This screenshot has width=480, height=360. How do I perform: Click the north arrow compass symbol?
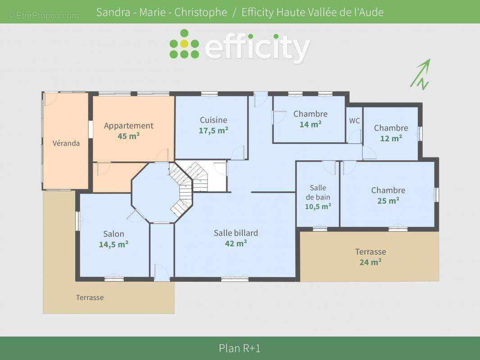(420, 74)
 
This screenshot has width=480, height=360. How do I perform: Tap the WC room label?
(354, 121)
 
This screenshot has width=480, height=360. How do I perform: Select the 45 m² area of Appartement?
(128, 136)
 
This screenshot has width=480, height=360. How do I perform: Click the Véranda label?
(66, 143)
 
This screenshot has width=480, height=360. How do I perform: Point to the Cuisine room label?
(213, 120)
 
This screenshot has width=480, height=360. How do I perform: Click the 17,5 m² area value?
(213, 130)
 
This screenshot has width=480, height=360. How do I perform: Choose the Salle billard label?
(236, 233)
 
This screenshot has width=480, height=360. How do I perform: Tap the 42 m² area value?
(236, 243)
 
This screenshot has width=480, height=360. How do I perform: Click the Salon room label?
(113, 234)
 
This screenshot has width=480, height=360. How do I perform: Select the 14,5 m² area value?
(113, 244)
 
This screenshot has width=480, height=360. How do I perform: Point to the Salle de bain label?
(318, 192)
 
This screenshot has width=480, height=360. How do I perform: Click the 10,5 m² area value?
(318, 207)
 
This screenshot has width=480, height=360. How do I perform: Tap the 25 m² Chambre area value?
(388, 201)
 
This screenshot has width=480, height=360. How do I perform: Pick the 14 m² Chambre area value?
(310, 124)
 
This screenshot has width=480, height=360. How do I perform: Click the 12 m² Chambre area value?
(391, 138)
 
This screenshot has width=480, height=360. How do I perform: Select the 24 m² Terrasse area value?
(370, 262)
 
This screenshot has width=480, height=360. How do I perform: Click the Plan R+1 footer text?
(240, 348)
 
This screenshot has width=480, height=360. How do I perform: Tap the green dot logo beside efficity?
(184, 44)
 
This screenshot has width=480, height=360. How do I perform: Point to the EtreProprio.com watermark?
(43, 16)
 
